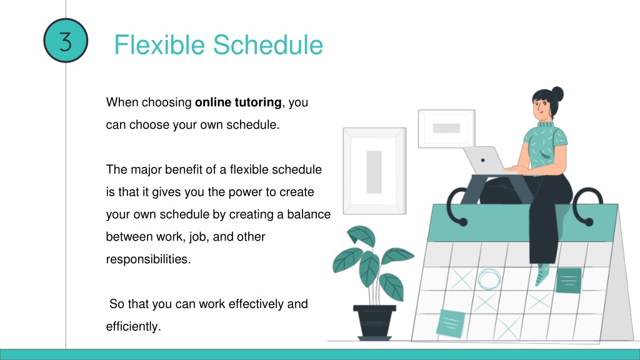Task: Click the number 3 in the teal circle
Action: point(66,41)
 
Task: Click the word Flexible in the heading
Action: point(159,44)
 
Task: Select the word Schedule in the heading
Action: point(268,44)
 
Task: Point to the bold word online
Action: point(213,102)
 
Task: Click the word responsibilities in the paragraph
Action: point(148,259)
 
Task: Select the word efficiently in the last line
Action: point(134,326)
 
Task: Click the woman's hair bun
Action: point(557,94)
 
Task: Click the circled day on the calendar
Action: point(489,279)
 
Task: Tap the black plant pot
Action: point(374,322)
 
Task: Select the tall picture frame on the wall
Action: point(375,171)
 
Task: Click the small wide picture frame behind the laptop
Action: point(446,129)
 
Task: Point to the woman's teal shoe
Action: point(542,275)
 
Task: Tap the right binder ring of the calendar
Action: point(587,206)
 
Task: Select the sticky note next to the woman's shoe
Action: point(569,281)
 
